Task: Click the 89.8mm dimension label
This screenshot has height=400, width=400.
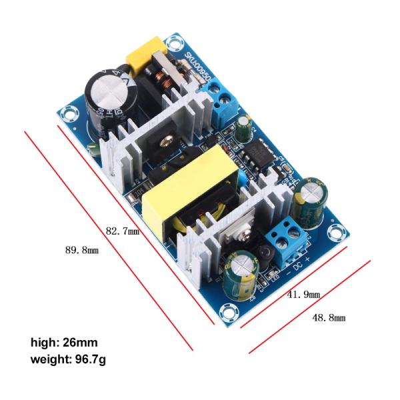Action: tap(81, 251)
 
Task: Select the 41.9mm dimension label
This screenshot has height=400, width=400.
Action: tap(303, 294)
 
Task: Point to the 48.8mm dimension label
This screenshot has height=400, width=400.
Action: tap(329, 317)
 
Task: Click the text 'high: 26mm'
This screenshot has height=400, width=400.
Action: tap(64, 343)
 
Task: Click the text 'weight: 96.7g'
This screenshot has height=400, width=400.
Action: tap(68, 360)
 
